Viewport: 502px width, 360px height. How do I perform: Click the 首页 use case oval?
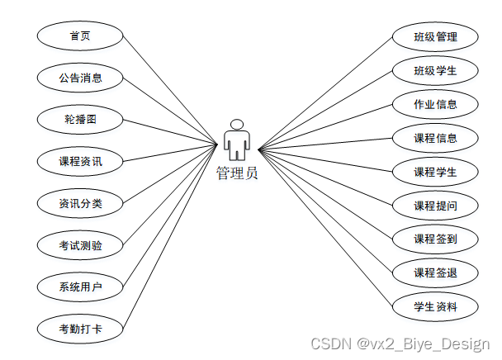[x=80, y=36]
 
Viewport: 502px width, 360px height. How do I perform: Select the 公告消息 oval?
[x=80, y=78]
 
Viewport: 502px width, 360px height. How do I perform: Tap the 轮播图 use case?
[x=80, y=120]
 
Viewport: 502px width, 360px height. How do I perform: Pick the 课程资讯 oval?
[x=80, y=161]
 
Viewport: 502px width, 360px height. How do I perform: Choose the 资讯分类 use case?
[x=80, y=203]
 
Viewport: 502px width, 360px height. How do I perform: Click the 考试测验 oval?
[x=80, y=245]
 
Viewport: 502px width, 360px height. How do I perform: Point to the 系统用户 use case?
[x=80, y=287]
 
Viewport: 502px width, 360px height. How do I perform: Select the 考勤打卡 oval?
[x=80, y=329]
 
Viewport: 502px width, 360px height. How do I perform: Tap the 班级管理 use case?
[x=435, y=37]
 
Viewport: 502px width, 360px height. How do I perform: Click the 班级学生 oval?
[x=435, y=71]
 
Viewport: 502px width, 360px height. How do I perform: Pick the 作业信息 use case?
[x=435, y=105]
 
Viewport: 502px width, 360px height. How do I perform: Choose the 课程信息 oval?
[x=435, y=138]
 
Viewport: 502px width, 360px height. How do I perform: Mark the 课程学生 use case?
[x=435, y=172]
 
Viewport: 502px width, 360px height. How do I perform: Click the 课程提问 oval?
[x=435, y=206]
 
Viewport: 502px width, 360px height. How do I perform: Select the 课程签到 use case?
[x=435, y=239]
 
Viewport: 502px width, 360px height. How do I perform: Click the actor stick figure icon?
[x=237, y=140]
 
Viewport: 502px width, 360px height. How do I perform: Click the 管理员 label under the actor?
[x=237, y=173]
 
